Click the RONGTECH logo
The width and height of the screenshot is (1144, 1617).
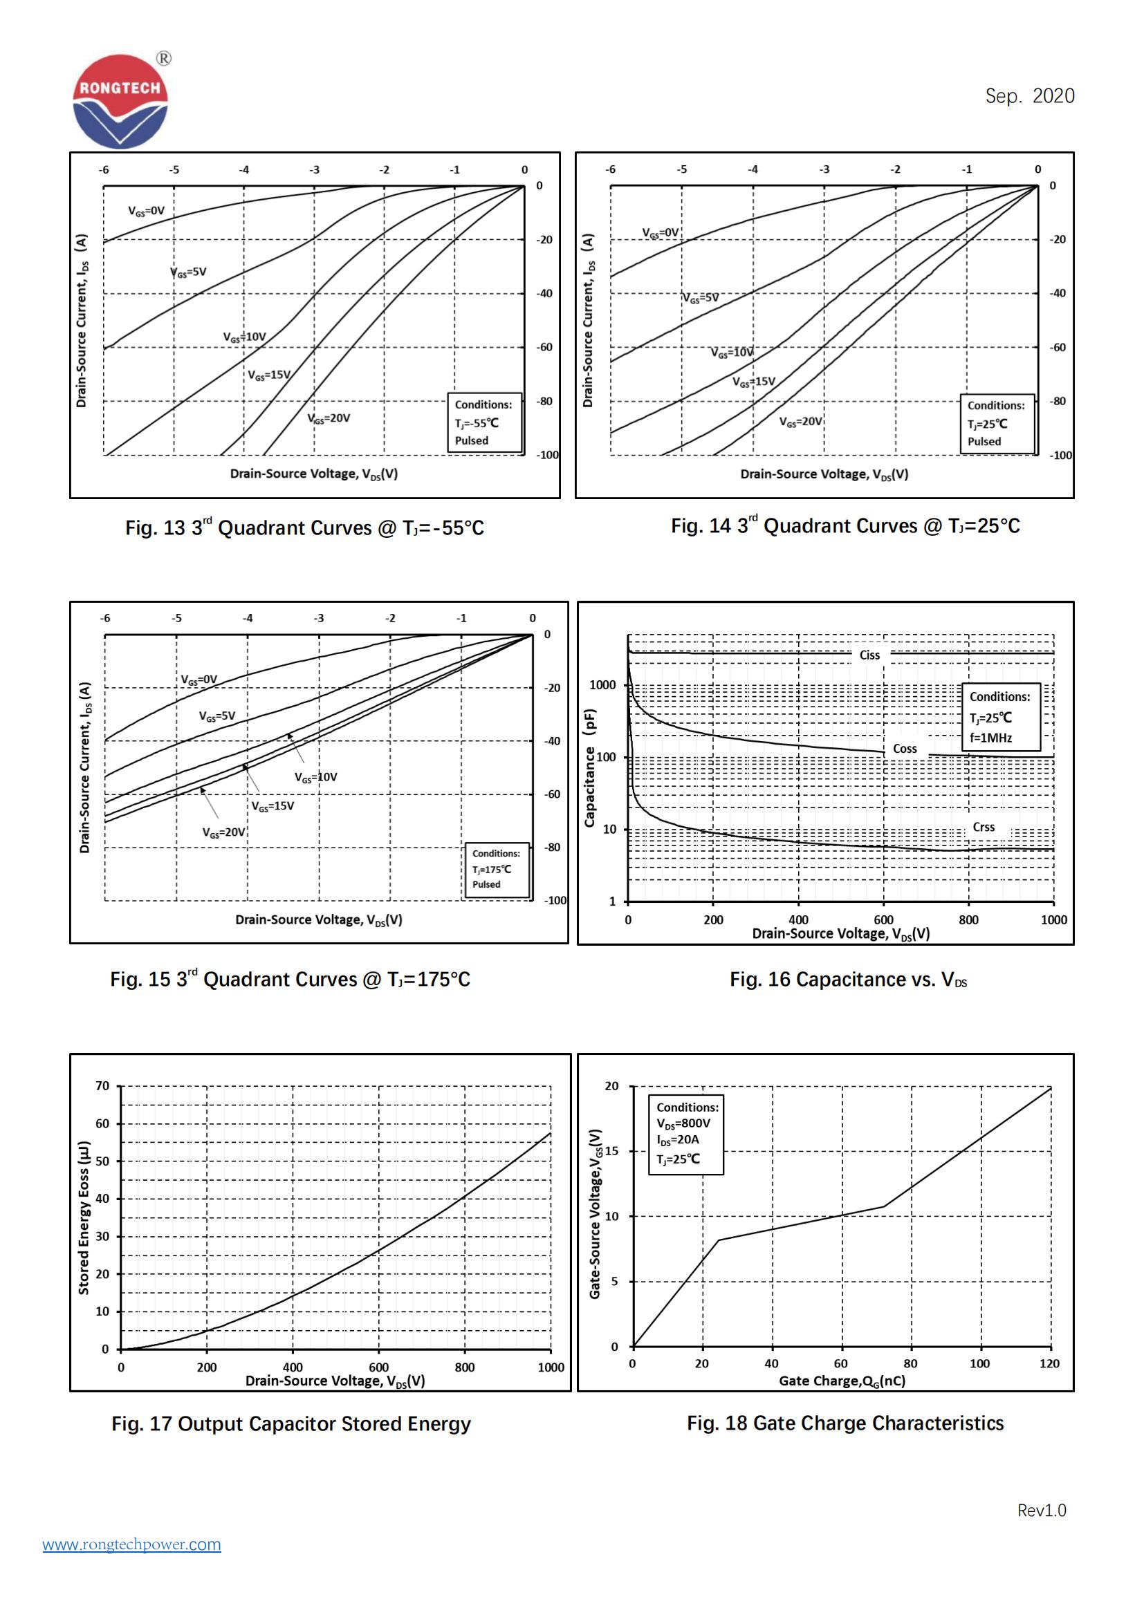tap(120, 102)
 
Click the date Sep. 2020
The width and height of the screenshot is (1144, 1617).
tap(1029, 96)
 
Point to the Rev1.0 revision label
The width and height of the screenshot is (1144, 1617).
tap(1041, 1510)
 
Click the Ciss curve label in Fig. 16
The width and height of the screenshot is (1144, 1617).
tap(869, 655)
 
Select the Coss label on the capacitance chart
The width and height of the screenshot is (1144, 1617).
tap(905, 749)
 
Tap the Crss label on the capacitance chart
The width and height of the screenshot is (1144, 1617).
tap(984, 827)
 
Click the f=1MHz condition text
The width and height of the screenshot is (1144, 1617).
tap(990, 738)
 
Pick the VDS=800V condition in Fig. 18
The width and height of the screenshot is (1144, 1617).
tap(683, 1123)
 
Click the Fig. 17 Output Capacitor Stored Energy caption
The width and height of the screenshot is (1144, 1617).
tap(290, 1423)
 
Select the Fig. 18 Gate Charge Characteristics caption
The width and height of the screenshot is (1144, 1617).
tap(845, 1423)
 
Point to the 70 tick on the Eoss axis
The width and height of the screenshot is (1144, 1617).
tap(103, 1086)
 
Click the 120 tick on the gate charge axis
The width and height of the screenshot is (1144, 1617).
tap(1049, 1363)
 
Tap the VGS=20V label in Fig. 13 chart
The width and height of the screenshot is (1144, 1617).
tap(329, 418)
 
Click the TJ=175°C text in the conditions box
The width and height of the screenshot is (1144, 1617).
tap(492, 869)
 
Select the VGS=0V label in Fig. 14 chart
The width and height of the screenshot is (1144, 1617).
tap(660, 232)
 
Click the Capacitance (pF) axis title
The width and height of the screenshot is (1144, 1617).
tap(589, 767)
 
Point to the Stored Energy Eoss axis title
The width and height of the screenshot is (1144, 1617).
tap(84, 1216)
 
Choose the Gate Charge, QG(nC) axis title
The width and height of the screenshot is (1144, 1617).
tap(842, 1381)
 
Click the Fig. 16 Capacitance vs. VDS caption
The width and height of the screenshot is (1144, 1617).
tap(848, 980)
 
